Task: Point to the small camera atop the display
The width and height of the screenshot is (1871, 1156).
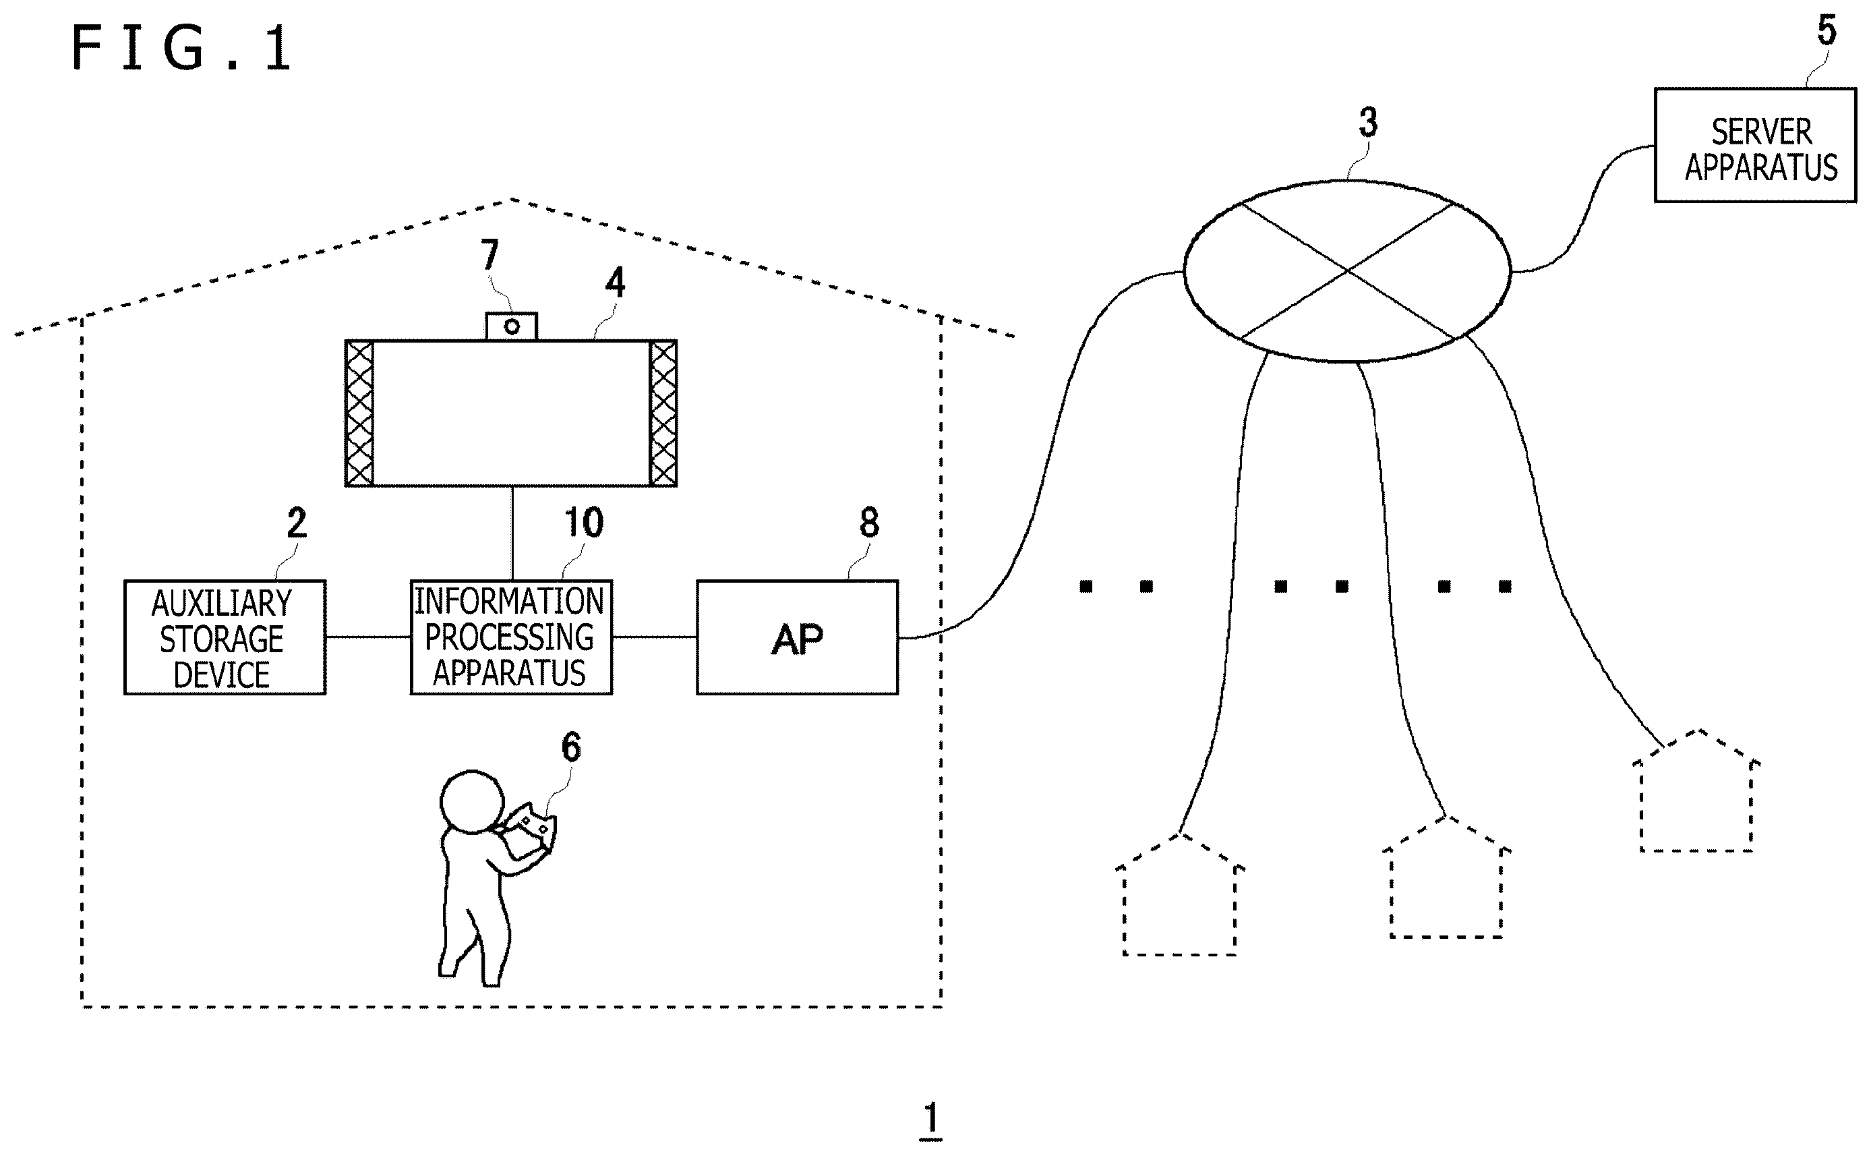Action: pos(512,326)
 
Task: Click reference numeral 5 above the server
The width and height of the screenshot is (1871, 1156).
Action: pos(1827,30)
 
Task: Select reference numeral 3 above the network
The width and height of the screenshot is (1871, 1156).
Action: pos(1368,122)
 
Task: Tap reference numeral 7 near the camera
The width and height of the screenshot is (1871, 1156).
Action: pos(489,254)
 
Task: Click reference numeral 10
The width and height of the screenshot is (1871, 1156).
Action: pos(583,522)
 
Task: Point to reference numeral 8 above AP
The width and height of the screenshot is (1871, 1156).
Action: pos(869,522)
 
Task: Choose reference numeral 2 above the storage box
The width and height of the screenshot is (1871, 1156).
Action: pos(297,522)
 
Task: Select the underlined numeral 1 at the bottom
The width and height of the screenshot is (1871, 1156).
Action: pos(930,1120)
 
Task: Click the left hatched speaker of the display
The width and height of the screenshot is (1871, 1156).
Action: pos(359,413)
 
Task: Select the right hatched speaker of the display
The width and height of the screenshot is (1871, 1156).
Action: pos(663,413)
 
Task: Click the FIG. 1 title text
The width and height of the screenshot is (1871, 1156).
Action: pos(182,47)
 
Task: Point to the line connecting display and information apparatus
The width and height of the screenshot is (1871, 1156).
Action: pos(512,533)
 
